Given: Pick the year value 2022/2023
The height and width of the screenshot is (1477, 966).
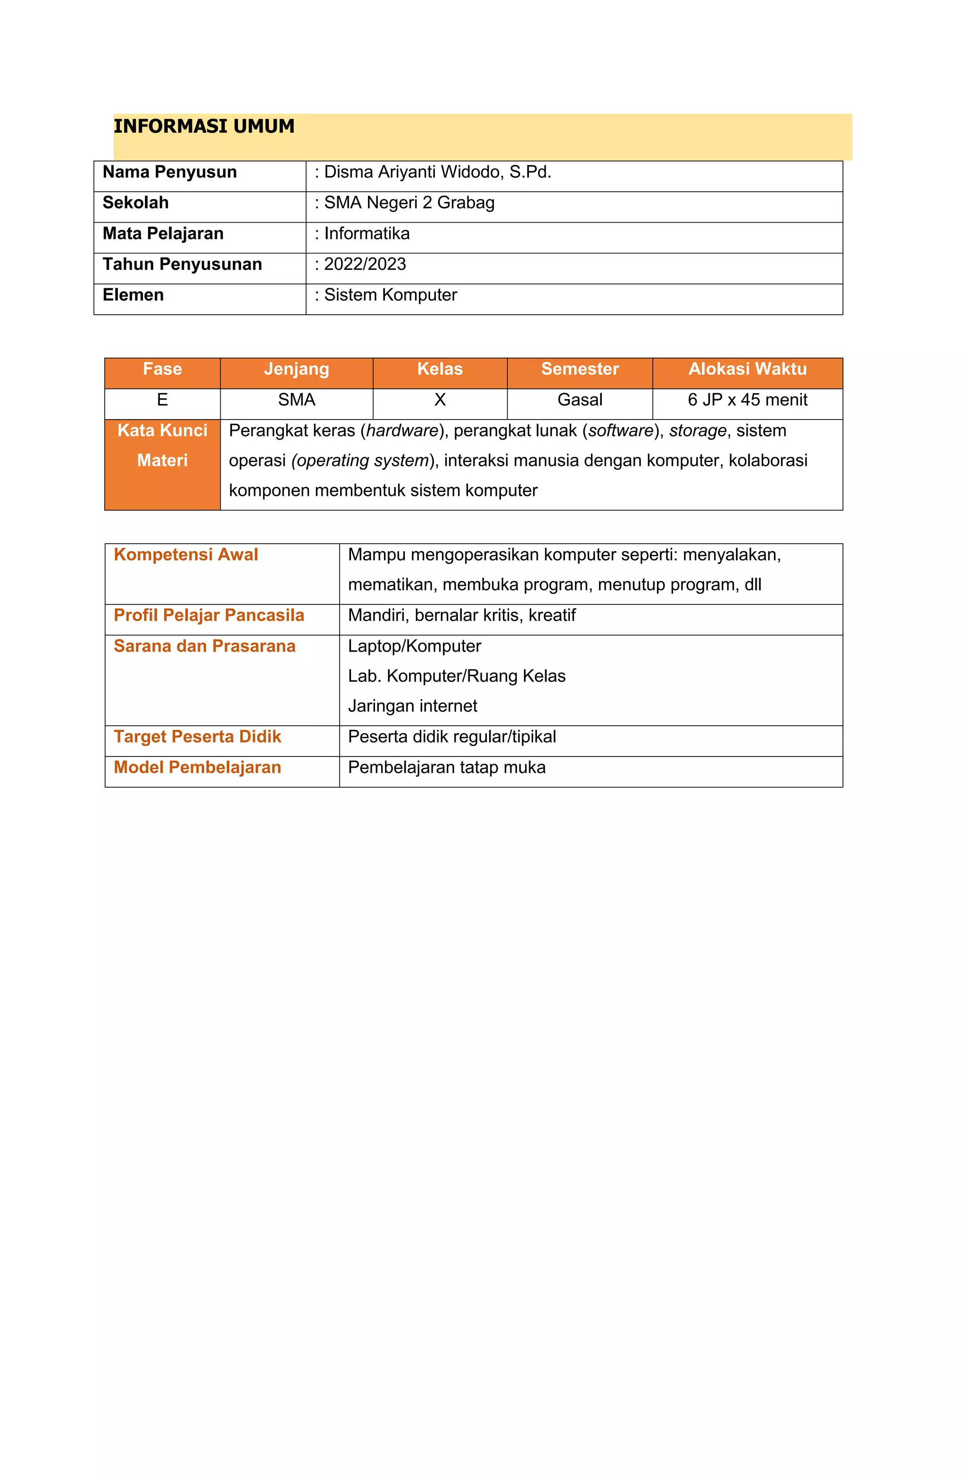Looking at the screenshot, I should point(365,264).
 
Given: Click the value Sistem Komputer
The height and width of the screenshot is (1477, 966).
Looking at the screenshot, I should point(390,295).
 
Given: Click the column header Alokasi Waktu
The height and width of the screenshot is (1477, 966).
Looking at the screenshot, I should point(747,369).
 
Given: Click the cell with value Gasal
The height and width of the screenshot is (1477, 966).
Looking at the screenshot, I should point(580,400).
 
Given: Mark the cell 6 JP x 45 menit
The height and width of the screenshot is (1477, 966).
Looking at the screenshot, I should point(747,400).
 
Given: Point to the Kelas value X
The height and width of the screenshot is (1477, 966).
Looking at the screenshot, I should point(440,400).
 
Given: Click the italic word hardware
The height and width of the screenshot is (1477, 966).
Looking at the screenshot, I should point(402,431).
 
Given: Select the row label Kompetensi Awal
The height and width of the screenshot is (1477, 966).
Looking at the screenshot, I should point(185,555).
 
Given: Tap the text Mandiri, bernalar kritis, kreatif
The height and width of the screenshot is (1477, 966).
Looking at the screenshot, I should point(462,616).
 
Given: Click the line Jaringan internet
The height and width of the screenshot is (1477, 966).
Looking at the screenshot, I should point(413,706).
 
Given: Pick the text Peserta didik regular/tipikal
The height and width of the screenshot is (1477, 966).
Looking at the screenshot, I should point(452,737).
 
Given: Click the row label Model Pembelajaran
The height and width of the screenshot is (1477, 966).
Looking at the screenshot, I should point(197,768).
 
